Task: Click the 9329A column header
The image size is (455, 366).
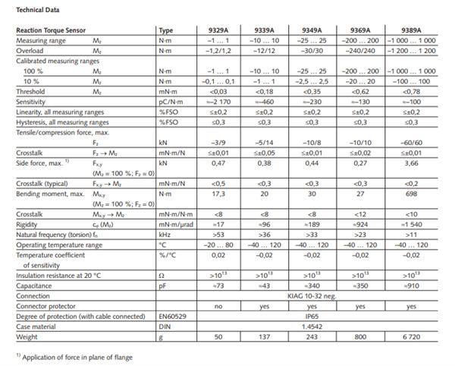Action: click(218, 30)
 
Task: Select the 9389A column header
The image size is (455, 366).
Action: click(411, 30)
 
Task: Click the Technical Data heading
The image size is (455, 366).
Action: click(38, 10)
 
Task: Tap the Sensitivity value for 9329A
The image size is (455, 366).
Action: click(218, 102)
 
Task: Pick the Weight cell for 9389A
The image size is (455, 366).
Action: click(411, 337)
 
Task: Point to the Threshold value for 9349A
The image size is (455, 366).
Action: click(312, 92)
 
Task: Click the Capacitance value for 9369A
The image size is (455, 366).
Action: click(360, 286)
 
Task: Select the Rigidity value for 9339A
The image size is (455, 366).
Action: click(264, 225)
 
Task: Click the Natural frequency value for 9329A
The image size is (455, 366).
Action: click(218, 235)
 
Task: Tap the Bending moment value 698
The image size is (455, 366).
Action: click(411, 194)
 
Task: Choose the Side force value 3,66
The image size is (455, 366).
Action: click(411, 163)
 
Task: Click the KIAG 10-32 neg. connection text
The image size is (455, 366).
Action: click(312, 296)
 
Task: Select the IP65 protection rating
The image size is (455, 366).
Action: click(312, 317)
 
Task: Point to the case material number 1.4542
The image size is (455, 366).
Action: click(312, 327)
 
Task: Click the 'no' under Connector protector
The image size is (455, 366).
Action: click(218, 307)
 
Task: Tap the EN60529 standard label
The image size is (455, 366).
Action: click(172, 317)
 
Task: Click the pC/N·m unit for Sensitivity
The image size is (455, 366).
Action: click(171, 102)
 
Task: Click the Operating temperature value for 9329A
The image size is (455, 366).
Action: click(218, 245)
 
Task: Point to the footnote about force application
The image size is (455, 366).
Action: click(74, 358)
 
